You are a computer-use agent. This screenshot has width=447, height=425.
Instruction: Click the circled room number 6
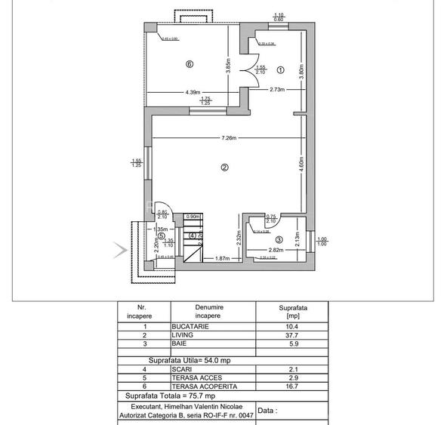[x=190, y=64]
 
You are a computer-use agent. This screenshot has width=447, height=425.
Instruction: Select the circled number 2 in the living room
[x=224, y=168]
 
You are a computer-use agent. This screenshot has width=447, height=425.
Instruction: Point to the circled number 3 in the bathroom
[x=279, y=239]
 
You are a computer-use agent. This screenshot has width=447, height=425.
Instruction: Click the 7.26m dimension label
[x=230, y=138]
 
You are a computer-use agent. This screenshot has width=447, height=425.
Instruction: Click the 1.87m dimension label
[x=222, y=258]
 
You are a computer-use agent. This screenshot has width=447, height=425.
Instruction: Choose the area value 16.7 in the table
[x=293, y=386]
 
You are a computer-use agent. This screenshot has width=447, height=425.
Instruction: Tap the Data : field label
[x=267, y=411]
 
